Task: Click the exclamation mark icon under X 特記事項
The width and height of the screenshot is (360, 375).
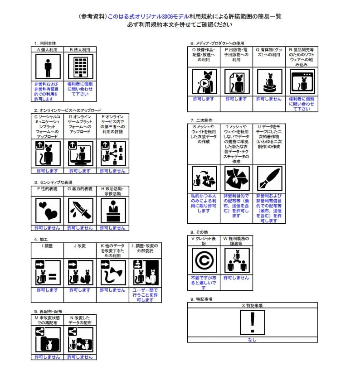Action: pos(252,322)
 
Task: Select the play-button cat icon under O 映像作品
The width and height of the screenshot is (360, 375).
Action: pos(204,82)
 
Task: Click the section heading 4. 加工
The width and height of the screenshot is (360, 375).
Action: pos(42,239)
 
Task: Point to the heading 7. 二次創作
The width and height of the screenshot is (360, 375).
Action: pos(201,120)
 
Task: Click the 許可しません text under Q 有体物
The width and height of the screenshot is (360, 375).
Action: pos(269,99)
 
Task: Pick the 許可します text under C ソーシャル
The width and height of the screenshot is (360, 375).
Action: pos(47,171)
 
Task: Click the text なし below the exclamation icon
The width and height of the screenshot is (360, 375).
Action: pos(252,340)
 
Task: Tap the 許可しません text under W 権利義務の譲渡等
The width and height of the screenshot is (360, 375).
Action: pos(236,278)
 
